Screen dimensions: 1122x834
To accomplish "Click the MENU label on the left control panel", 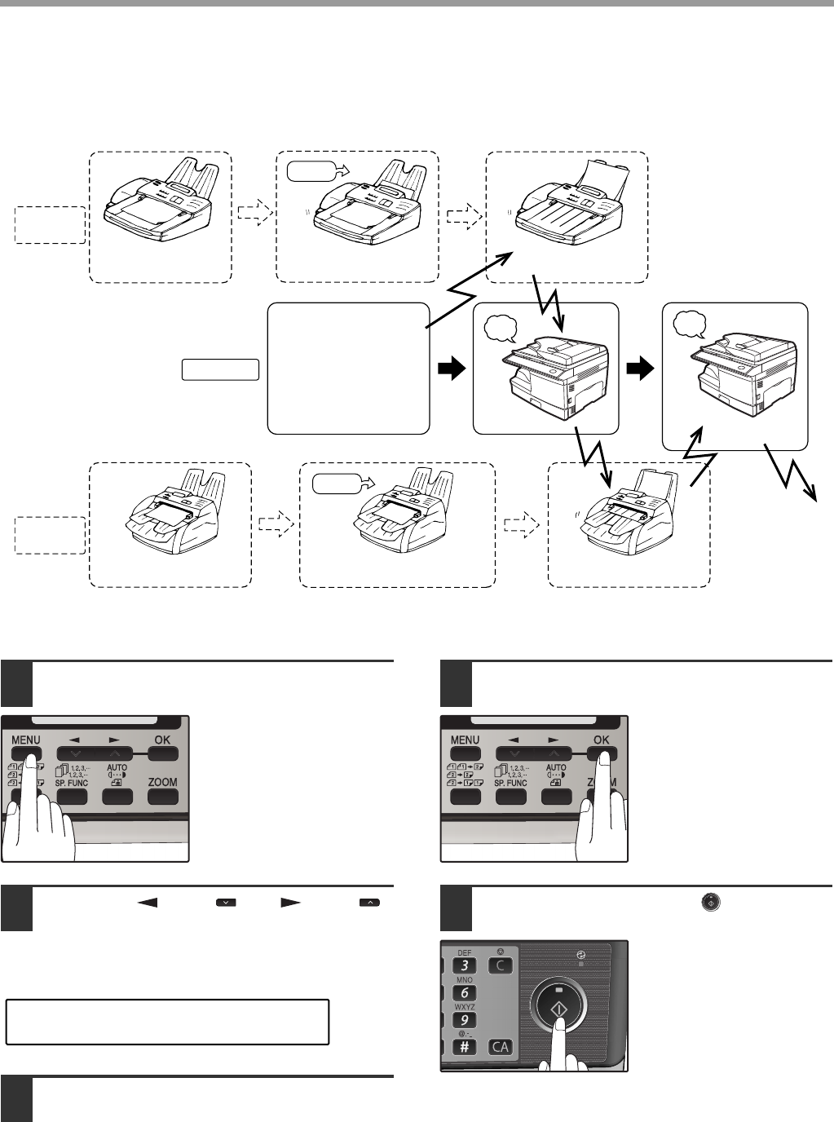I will [27, 740].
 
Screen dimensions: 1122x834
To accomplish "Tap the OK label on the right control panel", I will [602, 740].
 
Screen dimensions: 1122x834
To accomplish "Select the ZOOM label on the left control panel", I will [163, 781].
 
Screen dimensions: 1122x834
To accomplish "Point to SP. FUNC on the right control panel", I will [510, 783].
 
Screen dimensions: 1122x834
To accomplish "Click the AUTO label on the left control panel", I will [117, 768].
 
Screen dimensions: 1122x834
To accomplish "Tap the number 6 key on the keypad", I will [465, 992].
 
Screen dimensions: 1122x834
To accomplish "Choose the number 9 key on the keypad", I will [465, 1020].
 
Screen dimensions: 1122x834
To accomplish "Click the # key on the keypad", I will [465, 1047].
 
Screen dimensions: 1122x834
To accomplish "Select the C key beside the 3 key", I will [500, 965].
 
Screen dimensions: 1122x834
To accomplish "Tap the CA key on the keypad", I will [500, 1047].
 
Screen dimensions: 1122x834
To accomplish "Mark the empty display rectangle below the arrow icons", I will [167, 1022].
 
